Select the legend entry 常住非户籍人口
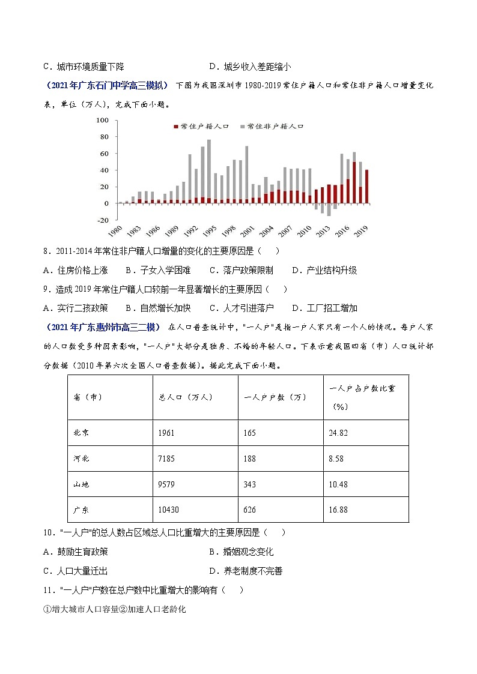pyautogui.click(x=274, y=127)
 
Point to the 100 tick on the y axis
pyautogui.click(x=102, y=121)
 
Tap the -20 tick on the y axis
pyautogui.click(x=101, y=220)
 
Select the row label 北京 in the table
pyautogui.click(x=82, y=433)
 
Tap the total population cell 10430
pyautogui.click(x=169, y=510)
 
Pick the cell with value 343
pyautogui.click(x=250, y=484)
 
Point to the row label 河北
pyautogui.click(x=82, y=459)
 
